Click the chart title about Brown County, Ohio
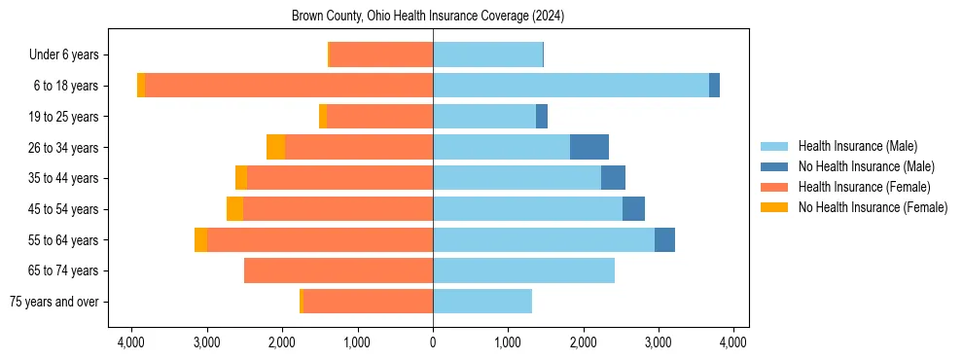(x=428, y=17)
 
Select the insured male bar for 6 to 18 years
(x=570, y=86)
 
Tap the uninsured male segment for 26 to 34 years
(x=589, y=147)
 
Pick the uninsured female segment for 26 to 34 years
(x=275, y=147)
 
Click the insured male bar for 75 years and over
(x=482, y=302)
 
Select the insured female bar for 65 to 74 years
(x=339, y=270)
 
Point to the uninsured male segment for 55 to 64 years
(x=664, y=239)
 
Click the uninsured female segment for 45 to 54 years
(x=234, y=209)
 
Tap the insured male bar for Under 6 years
(x=487, y=54)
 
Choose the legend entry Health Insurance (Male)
(x=857, y=146)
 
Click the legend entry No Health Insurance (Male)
(x=866, y=166)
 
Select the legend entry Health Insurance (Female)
(x=864, y=187)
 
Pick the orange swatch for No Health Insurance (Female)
(x=775, y=207)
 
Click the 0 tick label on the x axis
(x=433, y=342)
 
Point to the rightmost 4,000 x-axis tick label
(x=733, y=342)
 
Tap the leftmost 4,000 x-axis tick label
(x=131, y=342)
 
